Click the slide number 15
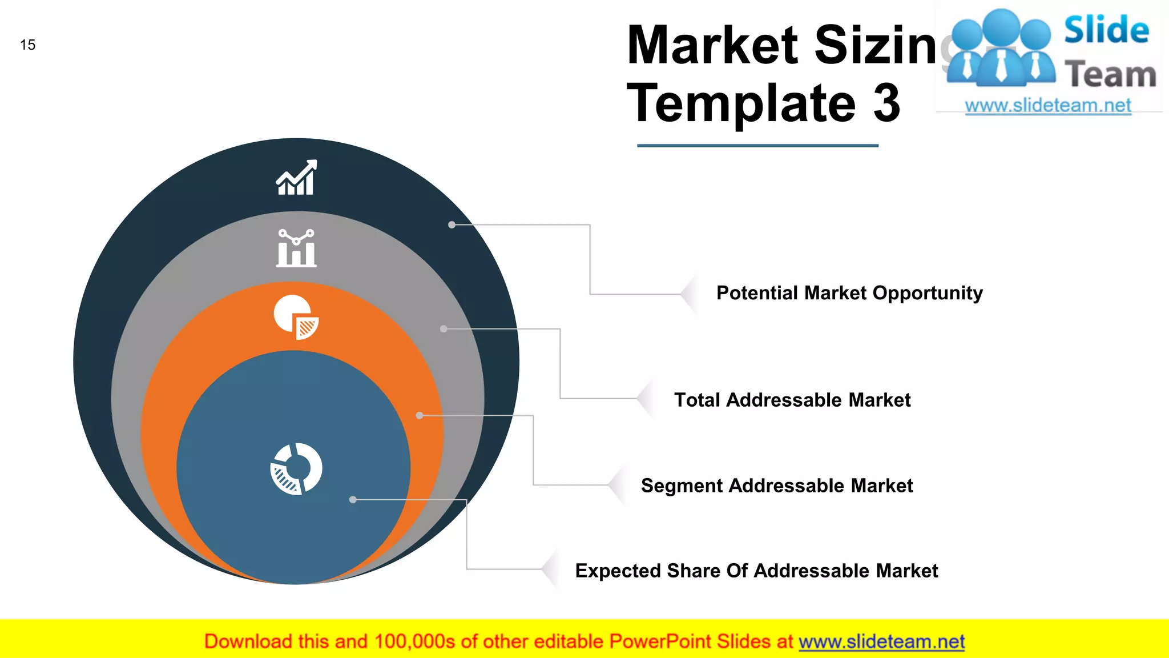click(x=27, y=45)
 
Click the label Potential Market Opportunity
click(x=849, y=293)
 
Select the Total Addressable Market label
click(x=792, y=400)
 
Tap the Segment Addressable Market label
click(x=777, y=486)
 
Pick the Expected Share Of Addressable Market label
click(x=756, y=571)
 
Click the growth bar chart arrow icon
click(x=296, y=178)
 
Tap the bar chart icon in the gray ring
click(x=296, y=248)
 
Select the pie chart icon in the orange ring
click(x=296, y=317)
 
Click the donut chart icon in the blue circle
click(x=296, y=469)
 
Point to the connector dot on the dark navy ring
click(x=452, y=225)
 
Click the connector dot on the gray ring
click(x=444, y=329)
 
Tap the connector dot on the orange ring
click(x=420, y=416)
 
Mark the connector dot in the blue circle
click(x=353, y=500)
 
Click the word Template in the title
click(x=741, y=103)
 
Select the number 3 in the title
click(x=886, y=103)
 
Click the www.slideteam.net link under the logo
click(x=1048, y=106)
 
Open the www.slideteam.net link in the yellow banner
click(x=881, y=642)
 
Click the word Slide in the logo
click(x=1106, y=30)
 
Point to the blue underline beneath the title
click(x=757, y=146)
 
